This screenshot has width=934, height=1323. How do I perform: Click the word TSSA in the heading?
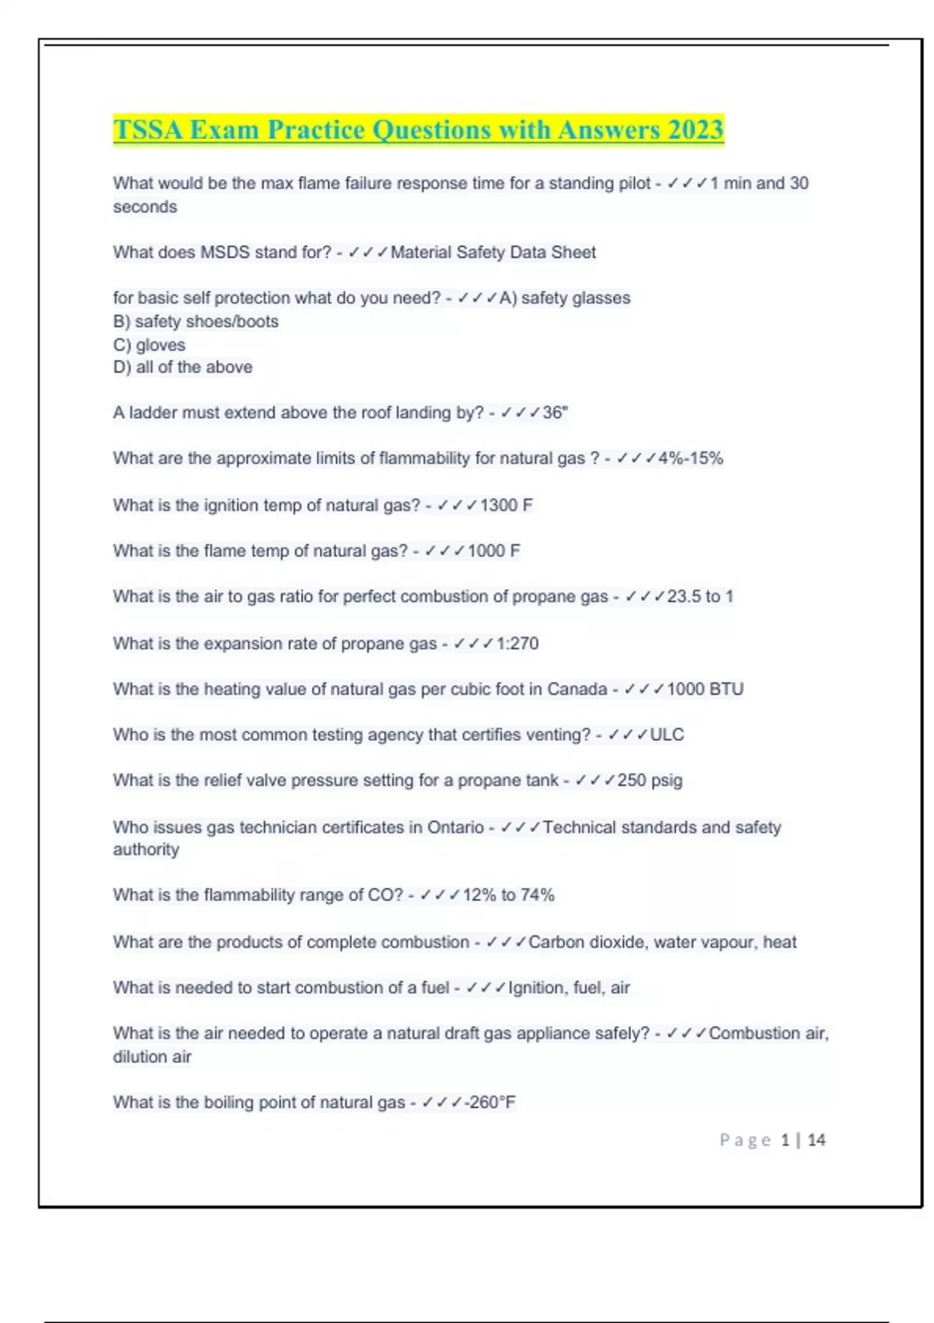point(148,129)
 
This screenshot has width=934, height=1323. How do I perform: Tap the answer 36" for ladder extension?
point(555,412)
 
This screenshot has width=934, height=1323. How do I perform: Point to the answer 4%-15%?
point(690,458)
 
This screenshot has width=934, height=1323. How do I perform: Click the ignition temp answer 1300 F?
point(506,505)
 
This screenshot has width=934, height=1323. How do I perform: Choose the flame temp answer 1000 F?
point(493,551)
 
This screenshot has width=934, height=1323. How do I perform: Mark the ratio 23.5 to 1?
point(700,597)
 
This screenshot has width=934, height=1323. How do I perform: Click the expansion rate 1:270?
point(517,644)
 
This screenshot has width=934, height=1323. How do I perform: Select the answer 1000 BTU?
point(704,690)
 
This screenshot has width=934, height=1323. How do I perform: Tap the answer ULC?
point(667,735)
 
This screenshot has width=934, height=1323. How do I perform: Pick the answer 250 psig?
point(649,781)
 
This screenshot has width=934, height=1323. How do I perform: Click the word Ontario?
point(455,827)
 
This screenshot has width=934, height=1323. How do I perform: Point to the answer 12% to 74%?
point(508,895)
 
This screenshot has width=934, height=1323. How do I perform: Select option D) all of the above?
point(183,367)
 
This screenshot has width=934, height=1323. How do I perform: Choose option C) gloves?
point(149,345)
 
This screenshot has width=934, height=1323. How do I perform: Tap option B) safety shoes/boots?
point(195,321)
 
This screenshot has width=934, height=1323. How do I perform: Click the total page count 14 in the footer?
point(816,1140)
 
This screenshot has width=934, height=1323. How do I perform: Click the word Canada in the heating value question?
point(577,690)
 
